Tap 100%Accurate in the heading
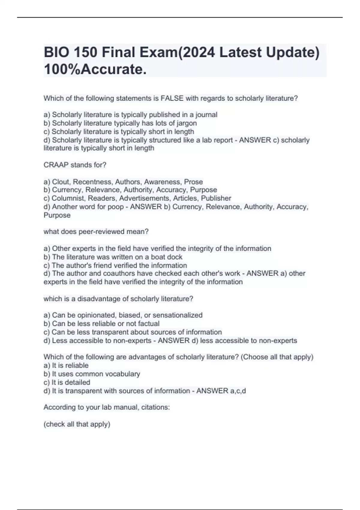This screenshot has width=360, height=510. (x=95, y=69)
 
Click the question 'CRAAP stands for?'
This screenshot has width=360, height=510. (x=75, y=165)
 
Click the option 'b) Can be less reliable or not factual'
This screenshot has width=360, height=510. (x=101, y=324)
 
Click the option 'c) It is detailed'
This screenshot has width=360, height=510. (x=67, y=382)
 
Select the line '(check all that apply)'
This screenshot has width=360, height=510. (x=77, y=424)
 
